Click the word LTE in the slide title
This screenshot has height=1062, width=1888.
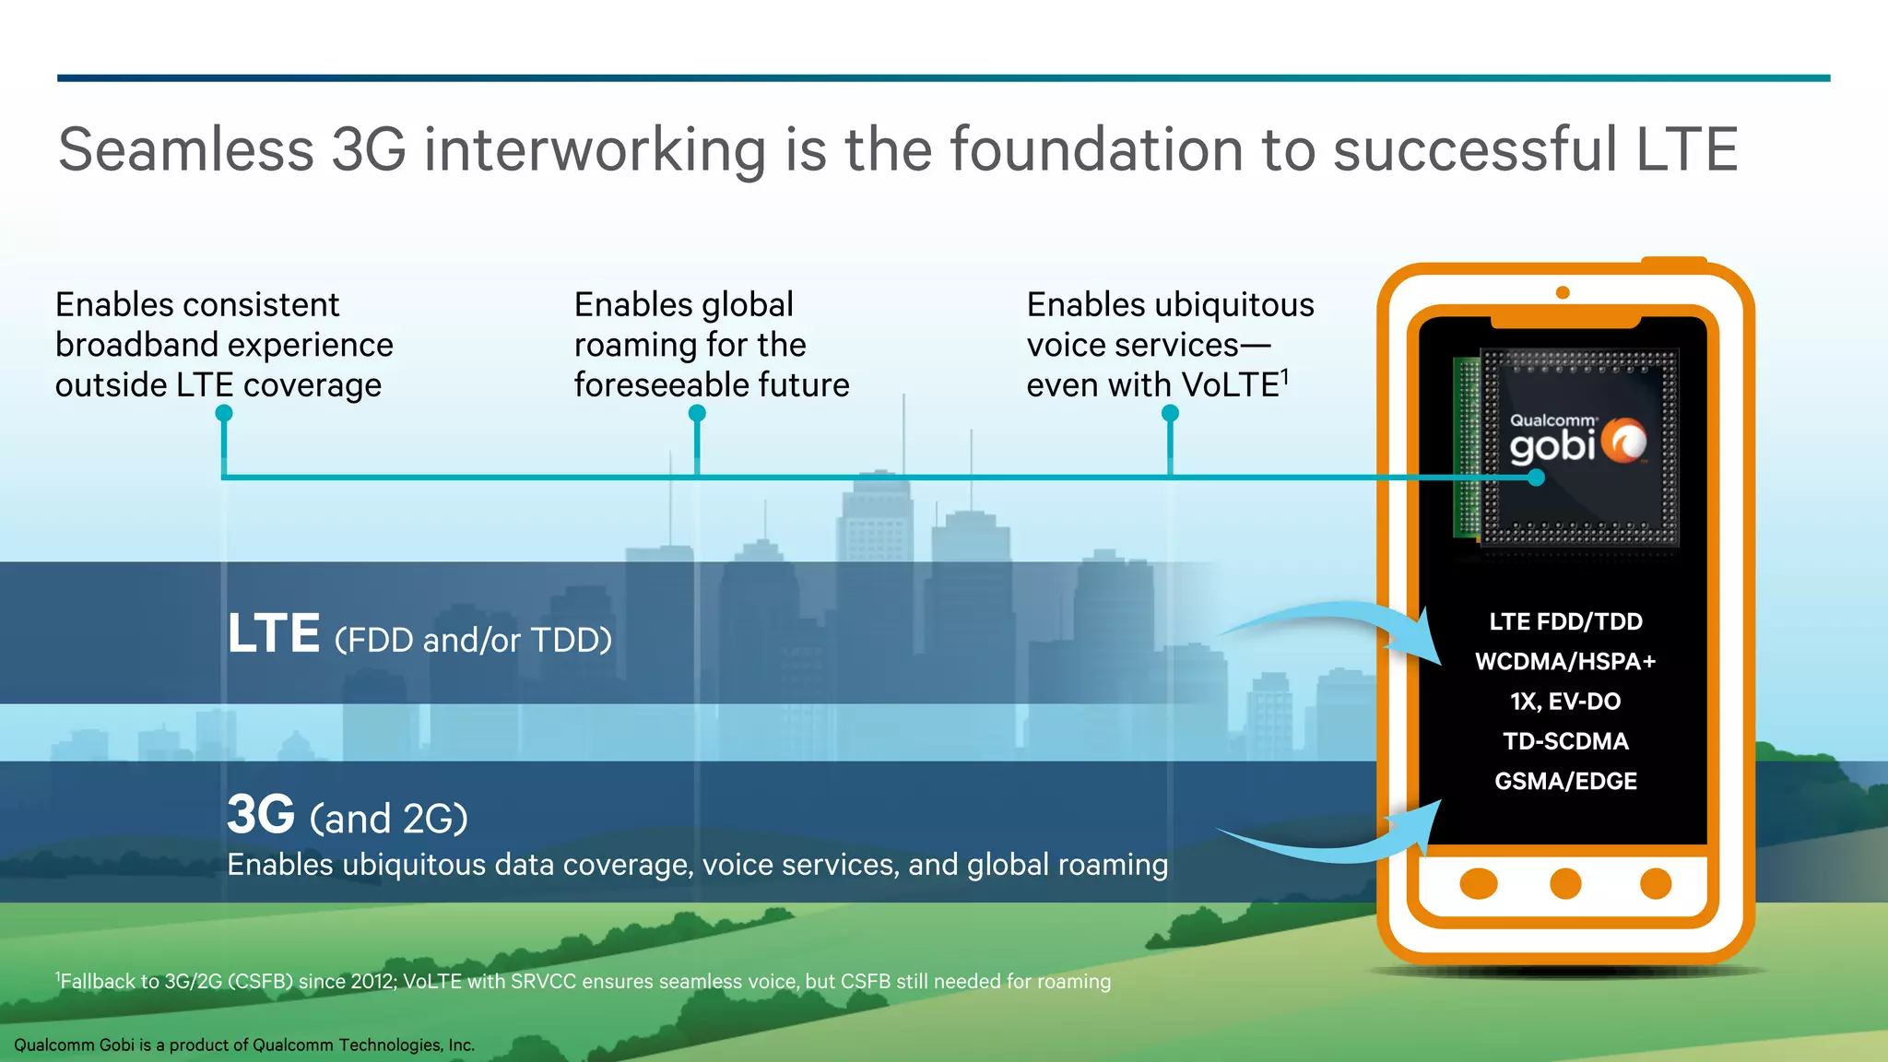(1686, 149)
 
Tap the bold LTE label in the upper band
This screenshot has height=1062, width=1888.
(273, 634)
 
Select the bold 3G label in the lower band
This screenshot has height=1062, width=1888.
(261, 815)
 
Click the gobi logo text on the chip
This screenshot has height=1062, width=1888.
(1552, 447)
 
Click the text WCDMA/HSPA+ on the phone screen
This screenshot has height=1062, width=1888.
(1565, 662)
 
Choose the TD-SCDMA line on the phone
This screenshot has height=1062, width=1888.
(1565, 741)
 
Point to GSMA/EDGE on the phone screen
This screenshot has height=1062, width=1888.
(1565, 782)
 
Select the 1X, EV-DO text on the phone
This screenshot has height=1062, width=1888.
(1565, 702)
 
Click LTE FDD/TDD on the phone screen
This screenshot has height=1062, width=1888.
(1565, 621)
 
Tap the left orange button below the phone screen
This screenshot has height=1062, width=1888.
(1479, 883)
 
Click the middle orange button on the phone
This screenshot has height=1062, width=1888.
(1565, 883)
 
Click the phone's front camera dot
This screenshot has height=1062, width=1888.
(1563, 292)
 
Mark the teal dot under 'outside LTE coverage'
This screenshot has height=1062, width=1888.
(224, 414)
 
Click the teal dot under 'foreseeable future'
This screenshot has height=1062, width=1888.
(697, 414)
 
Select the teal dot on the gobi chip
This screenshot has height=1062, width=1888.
(1536, 478)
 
